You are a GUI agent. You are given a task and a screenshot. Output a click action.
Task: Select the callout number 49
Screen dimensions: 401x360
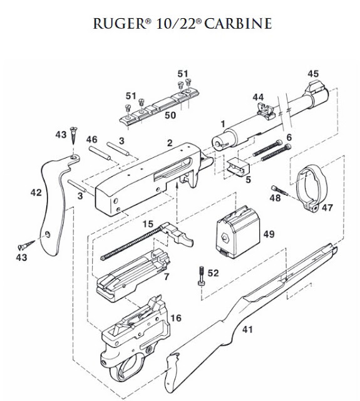coord(269,234)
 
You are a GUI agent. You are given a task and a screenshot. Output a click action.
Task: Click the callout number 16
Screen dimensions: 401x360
coord(176,318)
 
